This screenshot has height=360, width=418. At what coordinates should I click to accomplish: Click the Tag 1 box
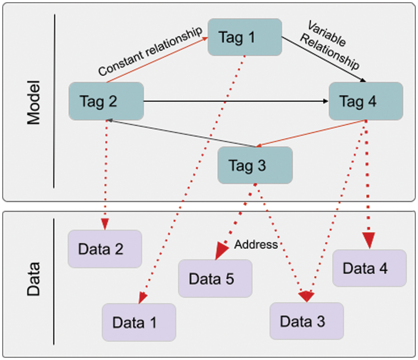tap(245, 37)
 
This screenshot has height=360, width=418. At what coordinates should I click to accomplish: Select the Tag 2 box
tap(106, 101)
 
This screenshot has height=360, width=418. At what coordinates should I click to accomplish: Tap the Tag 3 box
tap(255, 165)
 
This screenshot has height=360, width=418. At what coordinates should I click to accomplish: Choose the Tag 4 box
tap(366, 101)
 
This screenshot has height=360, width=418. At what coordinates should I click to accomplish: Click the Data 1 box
tap(139, 322)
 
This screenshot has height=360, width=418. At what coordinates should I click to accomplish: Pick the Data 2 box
tap(105, 249)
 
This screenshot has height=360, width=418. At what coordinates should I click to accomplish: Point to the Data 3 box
tap(307, 321)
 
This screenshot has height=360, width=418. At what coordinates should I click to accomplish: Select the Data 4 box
tap(370, 268)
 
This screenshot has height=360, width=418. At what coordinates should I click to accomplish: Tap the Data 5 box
tap(215, 279)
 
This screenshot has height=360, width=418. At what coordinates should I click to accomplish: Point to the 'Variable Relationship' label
tap(330, 45)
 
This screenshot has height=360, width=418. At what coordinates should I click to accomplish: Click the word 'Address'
tap(256, 244)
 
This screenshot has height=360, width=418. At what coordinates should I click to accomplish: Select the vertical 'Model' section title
tap(33, 102)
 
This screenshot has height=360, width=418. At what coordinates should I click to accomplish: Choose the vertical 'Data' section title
tap(33, 279)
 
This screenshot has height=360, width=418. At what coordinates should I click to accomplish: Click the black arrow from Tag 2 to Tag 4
tap(236, 101)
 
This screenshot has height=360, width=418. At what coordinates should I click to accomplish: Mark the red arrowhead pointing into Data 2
tap(105, 224)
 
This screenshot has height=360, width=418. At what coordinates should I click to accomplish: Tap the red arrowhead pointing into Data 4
tap(369, 240)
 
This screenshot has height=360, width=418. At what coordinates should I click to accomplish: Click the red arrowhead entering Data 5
tap(221, 250)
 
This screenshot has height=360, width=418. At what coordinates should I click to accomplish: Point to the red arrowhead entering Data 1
tap(143, 298)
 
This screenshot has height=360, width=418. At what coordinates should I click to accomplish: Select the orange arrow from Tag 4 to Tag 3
tap(311, 133)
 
